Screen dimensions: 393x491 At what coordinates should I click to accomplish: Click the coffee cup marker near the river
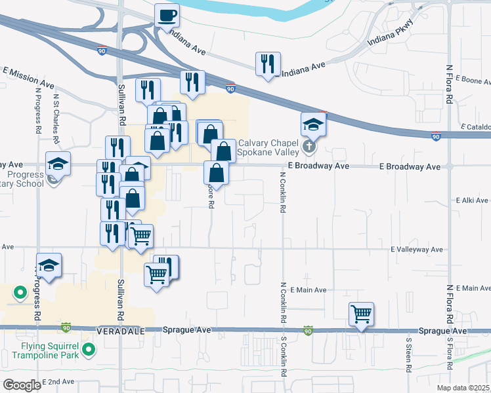[x=167, y=14]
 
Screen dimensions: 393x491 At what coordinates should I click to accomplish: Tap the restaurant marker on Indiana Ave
[x=268, y=64]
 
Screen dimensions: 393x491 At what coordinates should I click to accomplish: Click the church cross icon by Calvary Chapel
[x=309, y=147]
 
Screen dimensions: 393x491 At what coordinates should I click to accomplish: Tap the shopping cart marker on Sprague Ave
[x=361, y=314]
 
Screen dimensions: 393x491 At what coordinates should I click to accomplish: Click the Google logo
[x=22, y=385]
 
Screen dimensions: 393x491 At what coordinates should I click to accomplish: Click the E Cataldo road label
[x=475, y=126]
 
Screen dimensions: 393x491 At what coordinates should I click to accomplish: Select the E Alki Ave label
[x=472, y=200]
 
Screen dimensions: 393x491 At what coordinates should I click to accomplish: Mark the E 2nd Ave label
[x=58, y=381]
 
